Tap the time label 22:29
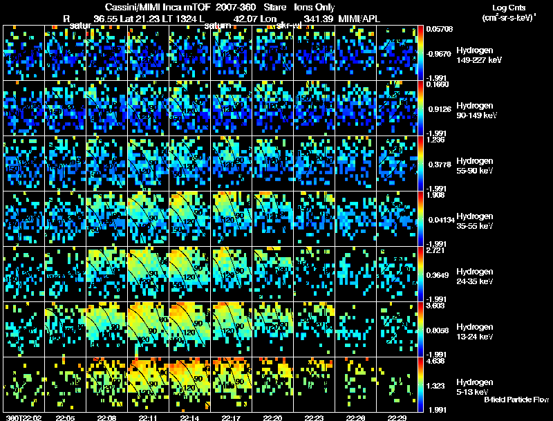(397, 418)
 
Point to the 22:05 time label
(65, 418)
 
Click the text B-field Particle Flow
(516, 400)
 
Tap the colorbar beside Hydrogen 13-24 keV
(422, 330)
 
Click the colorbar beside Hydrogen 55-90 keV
(422, 164)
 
